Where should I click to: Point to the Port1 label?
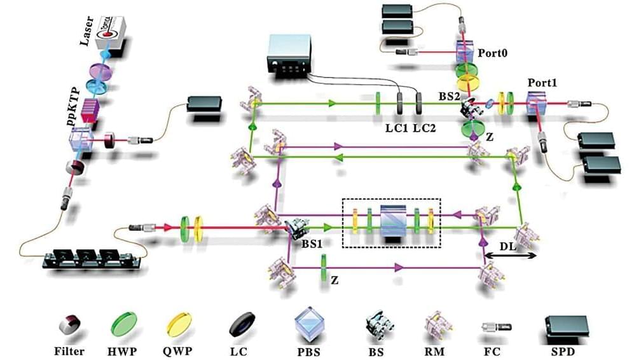(x=542, y=83)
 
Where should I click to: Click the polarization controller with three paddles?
(x=93, y=257)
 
